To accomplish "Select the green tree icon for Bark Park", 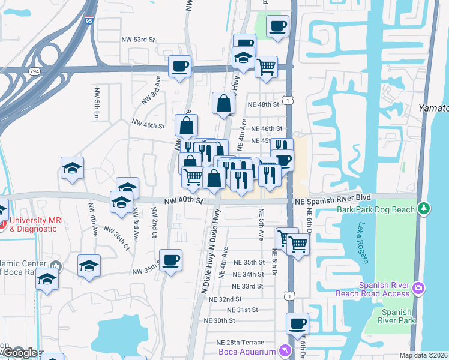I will pyautogui.click(x=425, y=208).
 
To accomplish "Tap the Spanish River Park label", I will pyautogui.click(x=398, y=317).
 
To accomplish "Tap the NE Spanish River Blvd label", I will pyautogui.click(x=332, y=197).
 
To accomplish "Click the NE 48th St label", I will pyautogui.click(x=264, y=104).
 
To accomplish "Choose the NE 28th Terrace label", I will pyautogui.click(x=240, y=342).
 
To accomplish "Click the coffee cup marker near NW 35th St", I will pyautogui.click(x=170, y=260).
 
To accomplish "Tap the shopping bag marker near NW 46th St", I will pyautogui.click(x=187, y=125).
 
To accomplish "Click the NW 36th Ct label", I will pyautogui.click(x=116, y=237).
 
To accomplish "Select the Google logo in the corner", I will pyautogui.click(x=19, y=353).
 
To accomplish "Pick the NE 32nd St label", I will pyautogui.click(x=221, y=299).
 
